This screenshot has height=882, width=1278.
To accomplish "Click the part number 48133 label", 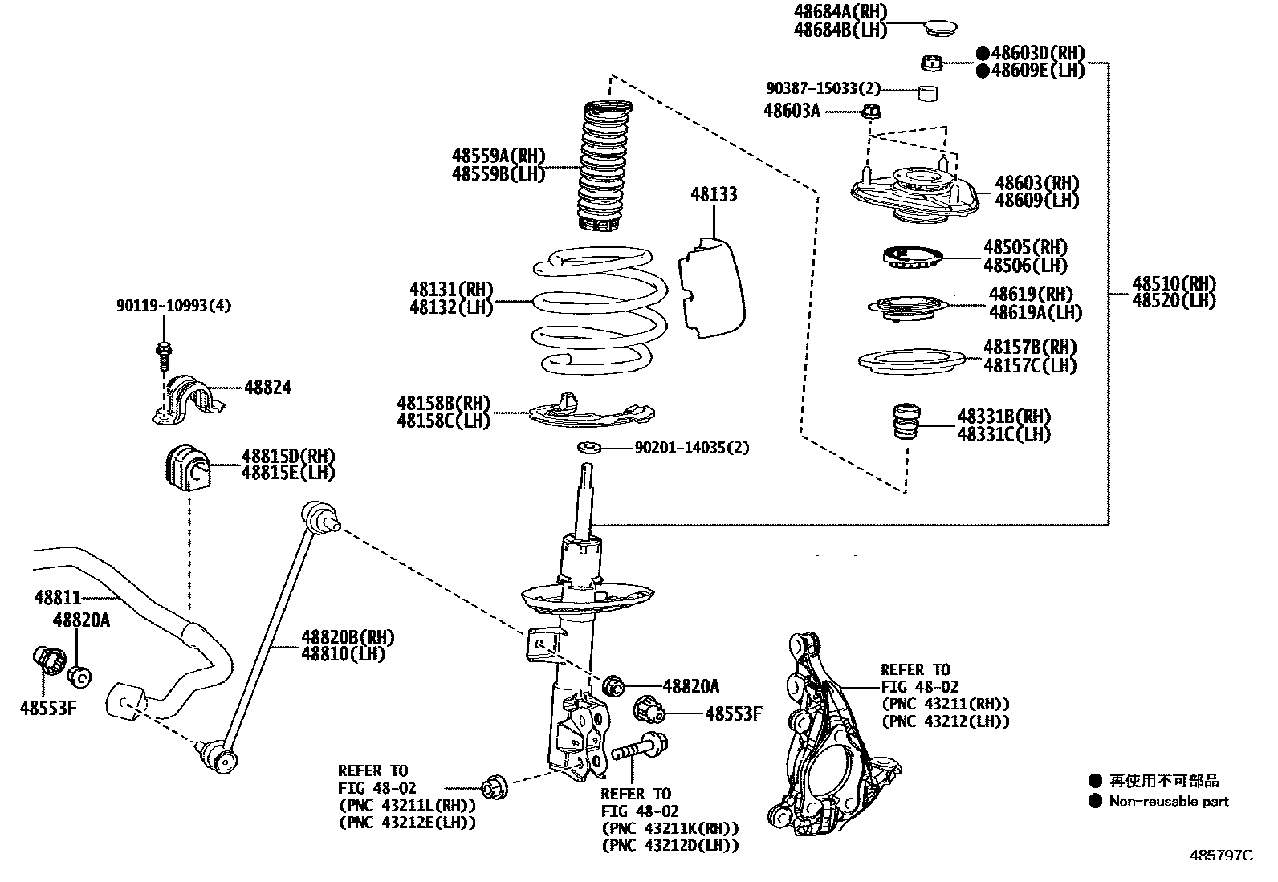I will (713, 195).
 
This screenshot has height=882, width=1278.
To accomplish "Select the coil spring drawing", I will (600, 309).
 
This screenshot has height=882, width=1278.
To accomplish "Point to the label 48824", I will (267, 388).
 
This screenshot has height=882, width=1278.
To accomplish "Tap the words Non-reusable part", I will (1168, 801).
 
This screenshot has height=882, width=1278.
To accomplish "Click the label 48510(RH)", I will (1174, 283).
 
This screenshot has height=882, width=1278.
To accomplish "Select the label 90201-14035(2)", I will (691, 448).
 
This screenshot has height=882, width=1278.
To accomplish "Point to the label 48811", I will (58, 598).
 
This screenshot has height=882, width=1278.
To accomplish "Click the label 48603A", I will (792, 112).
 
